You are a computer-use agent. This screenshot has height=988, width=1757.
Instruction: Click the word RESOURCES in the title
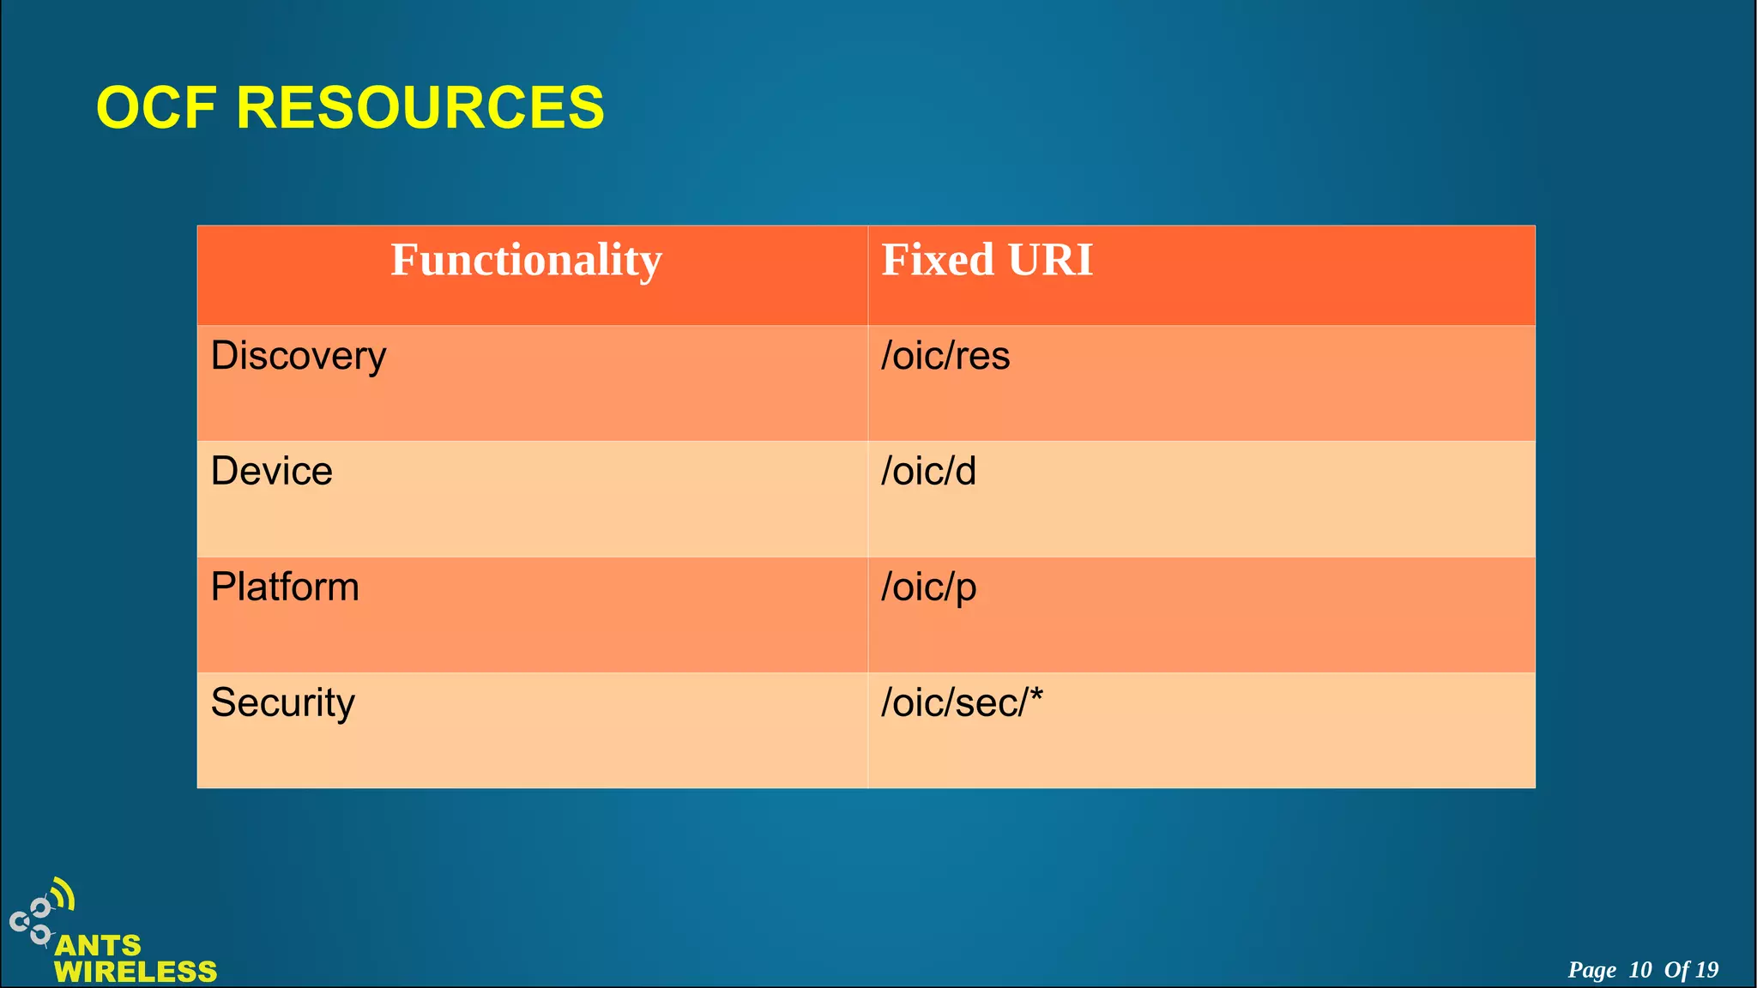point(420,108)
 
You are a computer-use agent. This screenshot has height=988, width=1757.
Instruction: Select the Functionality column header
point(526,260)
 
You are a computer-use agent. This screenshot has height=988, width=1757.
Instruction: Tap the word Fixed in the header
point(938,260)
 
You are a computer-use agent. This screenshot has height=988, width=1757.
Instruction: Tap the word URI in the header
point(1050,260)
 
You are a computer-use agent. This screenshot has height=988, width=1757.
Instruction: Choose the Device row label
point(271,471)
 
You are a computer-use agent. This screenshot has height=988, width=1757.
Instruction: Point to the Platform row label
point(285,587)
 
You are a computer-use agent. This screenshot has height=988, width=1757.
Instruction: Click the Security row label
point(282,703)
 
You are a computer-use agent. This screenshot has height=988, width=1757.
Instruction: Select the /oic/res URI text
point(945,356)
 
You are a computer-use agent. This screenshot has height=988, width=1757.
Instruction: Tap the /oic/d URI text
point(928,471)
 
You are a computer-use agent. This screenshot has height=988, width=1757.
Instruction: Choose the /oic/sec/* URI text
point(961,703)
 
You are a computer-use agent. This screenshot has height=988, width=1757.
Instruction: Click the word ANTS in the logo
point(98,945)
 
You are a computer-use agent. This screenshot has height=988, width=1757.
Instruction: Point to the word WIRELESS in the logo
point(136,972)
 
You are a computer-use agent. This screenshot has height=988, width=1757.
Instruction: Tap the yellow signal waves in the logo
point(63,895)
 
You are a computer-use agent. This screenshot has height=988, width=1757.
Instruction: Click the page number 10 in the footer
point(1639,970)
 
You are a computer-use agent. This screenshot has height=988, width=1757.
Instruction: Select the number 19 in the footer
point(1706,970)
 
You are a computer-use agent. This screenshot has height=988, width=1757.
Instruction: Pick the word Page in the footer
point(1591,970)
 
